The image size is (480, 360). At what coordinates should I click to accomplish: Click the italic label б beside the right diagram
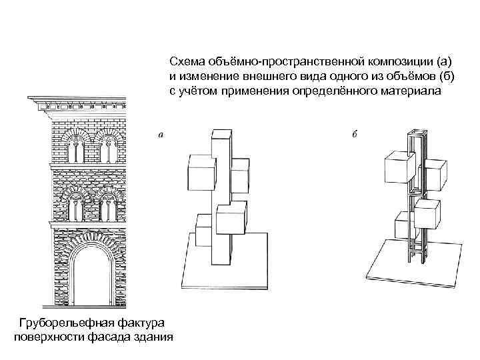[x=355, y=135]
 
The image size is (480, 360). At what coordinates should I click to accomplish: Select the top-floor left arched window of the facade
[x=77, y=147]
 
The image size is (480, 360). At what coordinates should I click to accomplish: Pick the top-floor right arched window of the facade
[x=106, y=147]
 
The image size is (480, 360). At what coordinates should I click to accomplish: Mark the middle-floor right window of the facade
[x=106, y=203]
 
